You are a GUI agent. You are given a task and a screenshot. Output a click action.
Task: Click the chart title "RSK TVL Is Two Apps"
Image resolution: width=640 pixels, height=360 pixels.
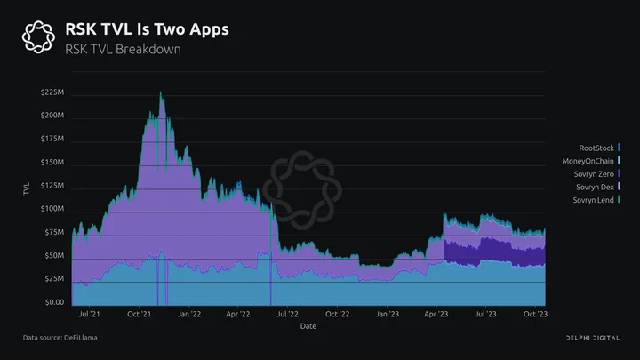pos(147,29)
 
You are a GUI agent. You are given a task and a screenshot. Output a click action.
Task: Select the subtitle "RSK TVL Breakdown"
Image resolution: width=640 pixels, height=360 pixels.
pos(123,50)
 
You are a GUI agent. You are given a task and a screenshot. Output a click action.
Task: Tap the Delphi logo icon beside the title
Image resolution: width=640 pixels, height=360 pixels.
pos(38,37)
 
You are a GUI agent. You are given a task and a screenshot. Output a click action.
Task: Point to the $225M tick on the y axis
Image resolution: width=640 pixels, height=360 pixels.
pos(52,92)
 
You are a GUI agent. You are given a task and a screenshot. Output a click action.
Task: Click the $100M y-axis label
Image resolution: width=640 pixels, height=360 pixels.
pos(52,209)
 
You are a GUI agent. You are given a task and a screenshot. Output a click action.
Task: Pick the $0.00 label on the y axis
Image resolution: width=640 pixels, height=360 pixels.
pos(55,302)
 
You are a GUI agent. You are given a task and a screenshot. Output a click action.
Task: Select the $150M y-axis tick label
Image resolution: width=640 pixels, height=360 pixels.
pos(52,162)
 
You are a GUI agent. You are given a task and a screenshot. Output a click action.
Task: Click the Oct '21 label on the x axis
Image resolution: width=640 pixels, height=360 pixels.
pos(140,314)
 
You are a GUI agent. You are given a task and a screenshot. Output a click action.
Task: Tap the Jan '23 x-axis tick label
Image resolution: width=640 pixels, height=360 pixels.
pos(388,314)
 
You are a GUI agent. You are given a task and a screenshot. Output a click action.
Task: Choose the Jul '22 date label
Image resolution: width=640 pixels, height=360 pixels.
pos(288,314)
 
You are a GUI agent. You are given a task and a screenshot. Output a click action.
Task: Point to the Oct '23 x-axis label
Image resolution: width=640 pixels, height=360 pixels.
pos(535,314)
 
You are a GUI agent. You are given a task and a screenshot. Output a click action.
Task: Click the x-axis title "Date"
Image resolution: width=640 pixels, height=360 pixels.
pos(308,326)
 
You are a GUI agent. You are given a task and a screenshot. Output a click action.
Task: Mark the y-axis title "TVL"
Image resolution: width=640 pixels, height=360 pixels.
pos(27,189)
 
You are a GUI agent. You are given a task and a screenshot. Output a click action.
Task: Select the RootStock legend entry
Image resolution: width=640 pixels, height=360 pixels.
pos(599,148)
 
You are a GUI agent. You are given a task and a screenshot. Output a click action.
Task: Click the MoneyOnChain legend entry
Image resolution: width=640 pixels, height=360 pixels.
pos(591,161)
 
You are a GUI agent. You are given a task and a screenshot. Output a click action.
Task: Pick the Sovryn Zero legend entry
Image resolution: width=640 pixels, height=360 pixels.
pos(596,174)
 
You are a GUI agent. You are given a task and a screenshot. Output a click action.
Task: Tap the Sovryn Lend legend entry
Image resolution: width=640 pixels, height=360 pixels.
pos(596,200)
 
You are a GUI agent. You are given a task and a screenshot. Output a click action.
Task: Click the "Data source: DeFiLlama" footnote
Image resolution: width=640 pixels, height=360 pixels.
pos(60,338)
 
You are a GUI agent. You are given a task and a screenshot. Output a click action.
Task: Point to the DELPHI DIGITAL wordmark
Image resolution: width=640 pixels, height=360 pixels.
pos(593,338)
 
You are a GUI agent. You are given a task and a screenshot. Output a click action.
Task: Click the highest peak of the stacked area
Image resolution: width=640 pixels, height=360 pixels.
pos(160,92)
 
